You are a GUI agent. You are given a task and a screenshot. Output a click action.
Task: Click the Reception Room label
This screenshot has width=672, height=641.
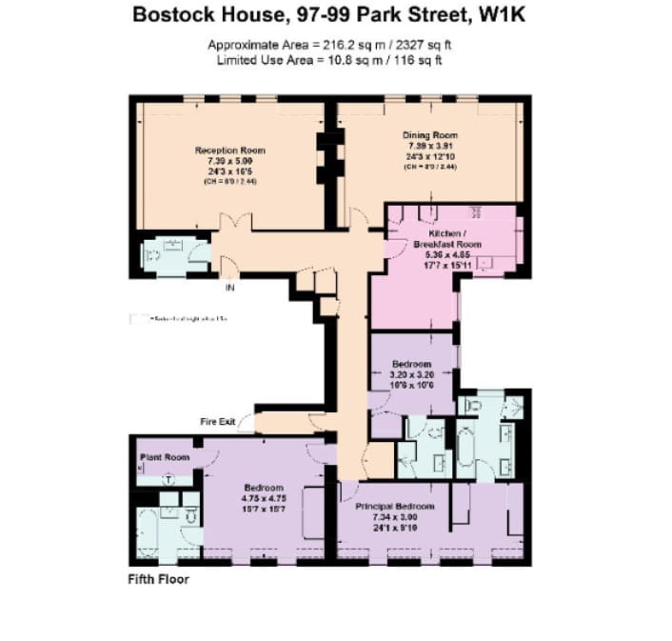coord(229,150)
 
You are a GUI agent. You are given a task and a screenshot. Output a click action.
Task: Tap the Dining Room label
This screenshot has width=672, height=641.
coord(430,135)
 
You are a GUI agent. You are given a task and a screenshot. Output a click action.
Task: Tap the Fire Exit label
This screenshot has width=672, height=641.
coord(217,421)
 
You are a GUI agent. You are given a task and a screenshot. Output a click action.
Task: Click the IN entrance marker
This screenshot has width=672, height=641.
coord(228,287)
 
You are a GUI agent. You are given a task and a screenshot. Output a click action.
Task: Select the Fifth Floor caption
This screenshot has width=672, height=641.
coord(158,580)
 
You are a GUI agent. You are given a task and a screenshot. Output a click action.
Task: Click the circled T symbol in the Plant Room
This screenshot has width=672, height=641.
coord(168,479)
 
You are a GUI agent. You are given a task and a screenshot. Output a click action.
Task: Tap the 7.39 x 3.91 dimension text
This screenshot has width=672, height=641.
coord(430,146)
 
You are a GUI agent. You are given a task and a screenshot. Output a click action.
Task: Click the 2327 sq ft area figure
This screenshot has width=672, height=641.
coord(433,46)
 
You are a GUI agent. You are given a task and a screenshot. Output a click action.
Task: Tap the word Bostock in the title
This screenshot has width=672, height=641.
coord(171,15)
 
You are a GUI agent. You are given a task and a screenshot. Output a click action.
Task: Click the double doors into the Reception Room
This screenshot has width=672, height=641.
coord(235,223)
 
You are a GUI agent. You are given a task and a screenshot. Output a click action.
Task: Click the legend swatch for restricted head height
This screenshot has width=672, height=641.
coord(140,318)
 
